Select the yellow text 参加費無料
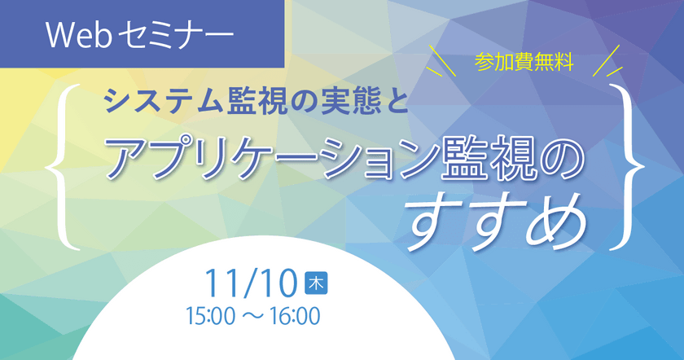(524, 64)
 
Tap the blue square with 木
(316, 283)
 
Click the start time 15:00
(211, 316)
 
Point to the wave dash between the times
(252, 316)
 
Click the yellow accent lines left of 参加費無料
(441, 61)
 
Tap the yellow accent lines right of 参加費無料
(607, 61)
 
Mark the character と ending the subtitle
(394, 102)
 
